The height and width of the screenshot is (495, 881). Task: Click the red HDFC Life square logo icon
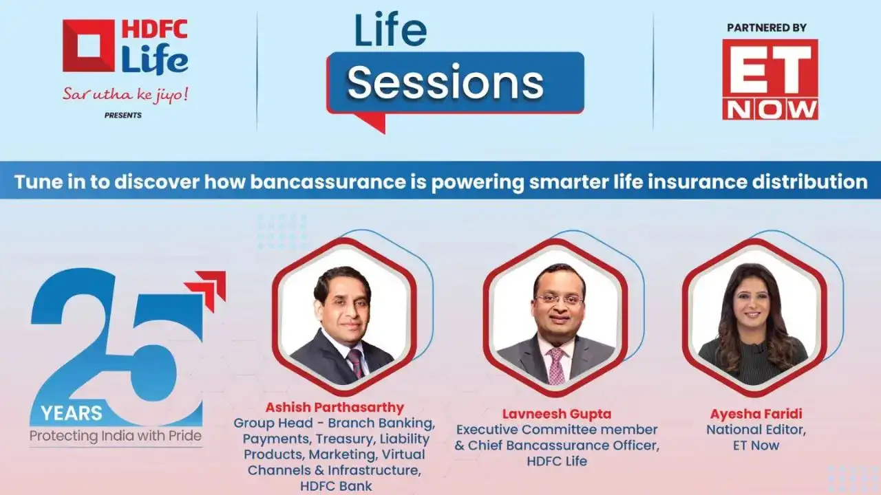[89, 45]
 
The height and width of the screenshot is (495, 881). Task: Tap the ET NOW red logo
[770, 79]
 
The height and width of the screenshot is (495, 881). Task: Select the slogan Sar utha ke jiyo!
[125, 94]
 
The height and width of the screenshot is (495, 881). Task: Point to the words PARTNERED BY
[766, 28]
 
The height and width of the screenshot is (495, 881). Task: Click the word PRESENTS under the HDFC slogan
[123, 115]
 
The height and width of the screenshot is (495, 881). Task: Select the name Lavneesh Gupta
[556, 414]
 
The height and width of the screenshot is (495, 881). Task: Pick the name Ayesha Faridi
[755, 414]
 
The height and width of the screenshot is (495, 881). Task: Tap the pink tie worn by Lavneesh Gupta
[555, 365]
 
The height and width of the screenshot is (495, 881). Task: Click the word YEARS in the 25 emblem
[71, 413]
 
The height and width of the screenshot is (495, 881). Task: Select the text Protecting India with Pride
[116, 436]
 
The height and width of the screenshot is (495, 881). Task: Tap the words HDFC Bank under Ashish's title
[337, 486]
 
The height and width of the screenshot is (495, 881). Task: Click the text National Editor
[755, 430]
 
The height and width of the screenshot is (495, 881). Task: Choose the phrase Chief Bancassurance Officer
[563, 445]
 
